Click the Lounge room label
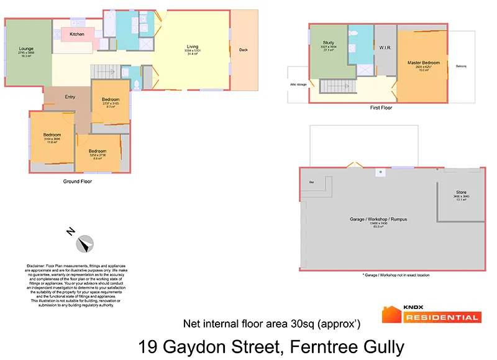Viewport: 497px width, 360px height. pyautogui.click(x=26, y=48)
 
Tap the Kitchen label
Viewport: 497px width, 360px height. pyautogui.click(x=77, y=34)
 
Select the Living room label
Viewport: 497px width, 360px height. pyautogui.click(x=193, y=47)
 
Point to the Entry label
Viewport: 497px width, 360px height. pyautogui.click(x=70, y=96)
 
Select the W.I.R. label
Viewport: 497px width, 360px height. pyautogui.click(x=384, y=47)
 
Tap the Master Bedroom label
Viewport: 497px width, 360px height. pyautogui.click(x=423, y=63)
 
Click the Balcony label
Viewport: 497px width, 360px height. pyautogui.click(x=461, y=67)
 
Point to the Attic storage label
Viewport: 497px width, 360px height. pyautogui.click(x=298, y=84)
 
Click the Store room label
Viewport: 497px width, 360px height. pyautogui.click(x=461, y=193)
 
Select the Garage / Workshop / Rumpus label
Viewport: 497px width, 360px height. pyautogui.click(x=378, y=220)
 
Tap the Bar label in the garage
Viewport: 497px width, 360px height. pyautogui.click(x=311, y=182)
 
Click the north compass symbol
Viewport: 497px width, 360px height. pyautogui.click(x=84, y=243)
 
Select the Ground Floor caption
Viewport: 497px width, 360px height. pyautogui.click(x=78, y=182)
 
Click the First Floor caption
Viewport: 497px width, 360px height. pyautogui.click(x=381, y=108)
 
